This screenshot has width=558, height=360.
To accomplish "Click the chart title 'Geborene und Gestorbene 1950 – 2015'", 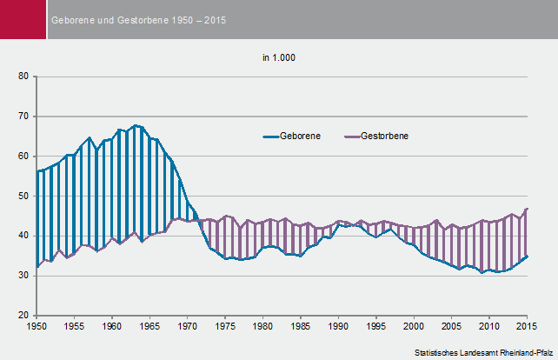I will tap(138, 19).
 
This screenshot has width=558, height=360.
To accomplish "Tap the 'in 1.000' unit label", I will tap(280, 58).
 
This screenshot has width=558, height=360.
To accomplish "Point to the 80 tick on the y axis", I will tap(23, 77).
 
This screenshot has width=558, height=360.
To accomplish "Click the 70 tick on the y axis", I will tap(23, 117).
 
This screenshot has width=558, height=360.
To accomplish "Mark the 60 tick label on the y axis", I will tap(23, 157).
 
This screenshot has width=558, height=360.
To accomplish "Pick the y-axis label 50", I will tap(23, 196).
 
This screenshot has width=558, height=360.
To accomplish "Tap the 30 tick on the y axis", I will tap(23, 276).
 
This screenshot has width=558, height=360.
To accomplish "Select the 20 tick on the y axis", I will tap(23, 315).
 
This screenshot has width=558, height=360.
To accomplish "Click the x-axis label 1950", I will tap(37, 326).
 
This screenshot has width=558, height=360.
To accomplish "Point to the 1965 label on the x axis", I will tap(149, 326).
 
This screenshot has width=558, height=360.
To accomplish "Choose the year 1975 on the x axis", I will tap(225, 326).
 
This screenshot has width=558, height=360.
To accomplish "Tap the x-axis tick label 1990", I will tap(338, 326).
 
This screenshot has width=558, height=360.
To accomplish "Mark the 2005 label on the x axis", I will tap(451, 326).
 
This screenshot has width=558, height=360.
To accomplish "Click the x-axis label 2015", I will tap(527, 326).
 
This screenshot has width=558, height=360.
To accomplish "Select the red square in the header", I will tap(23, 19).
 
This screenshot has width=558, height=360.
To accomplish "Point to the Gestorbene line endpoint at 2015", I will tap(527, 209).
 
